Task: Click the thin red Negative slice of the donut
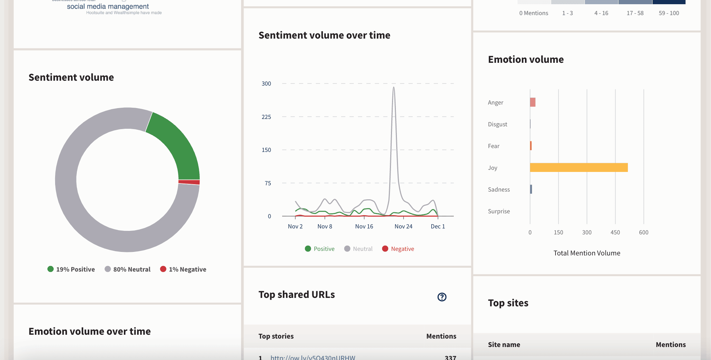189,182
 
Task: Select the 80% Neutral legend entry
128,269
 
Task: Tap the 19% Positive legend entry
71,269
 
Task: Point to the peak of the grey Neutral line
394,87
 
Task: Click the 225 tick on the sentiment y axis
266,117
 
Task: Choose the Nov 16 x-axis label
364,227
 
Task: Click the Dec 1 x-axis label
438,227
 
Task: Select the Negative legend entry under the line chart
398,249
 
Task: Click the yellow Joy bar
579,167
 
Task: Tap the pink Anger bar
533,102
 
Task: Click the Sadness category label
499,189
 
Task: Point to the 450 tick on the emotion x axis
615,232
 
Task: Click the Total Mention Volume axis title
587,253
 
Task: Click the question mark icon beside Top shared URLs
442,297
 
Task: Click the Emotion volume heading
526,60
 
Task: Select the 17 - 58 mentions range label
635,13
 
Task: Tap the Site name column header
504,345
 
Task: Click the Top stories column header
276,336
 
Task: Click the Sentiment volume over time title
324,35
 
